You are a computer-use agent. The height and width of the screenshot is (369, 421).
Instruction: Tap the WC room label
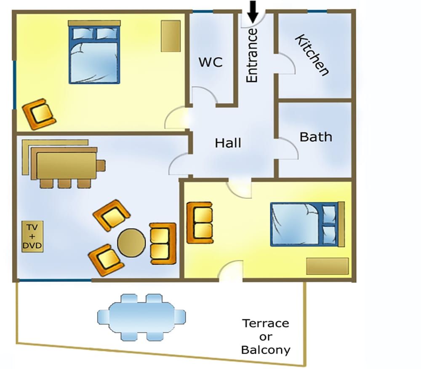(x=210, y=62)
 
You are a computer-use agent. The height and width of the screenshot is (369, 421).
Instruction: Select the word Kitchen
(x=312, y=55)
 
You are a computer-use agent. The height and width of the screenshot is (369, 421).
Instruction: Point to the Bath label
(x=315, y=137)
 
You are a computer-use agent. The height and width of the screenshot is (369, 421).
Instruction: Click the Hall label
(x=228, y=143)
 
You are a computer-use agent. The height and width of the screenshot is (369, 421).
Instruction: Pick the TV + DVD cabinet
(x=32, y=237)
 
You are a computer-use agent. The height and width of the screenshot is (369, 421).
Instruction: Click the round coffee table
(x=131, y=243)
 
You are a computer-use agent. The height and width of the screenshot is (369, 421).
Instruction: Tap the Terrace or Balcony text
(x=266, y=337)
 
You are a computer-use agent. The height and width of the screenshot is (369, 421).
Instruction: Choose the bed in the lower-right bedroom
(x=305, y=224)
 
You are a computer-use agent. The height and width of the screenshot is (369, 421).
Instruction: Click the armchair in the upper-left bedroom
(x=39, y=114)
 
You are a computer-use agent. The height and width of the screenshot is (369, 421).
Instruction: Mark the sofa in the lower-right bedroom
(x=199, y=222)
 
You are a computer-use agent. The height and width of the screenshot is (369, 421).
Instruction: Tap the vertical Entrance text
(x=252, y=55)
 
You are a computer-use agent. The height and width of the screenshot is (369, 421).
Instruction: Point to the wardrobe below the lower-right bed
(x=327, y=266)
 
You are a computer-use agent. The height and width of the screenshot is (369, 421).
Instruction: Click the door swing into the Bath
(x=288, y=148)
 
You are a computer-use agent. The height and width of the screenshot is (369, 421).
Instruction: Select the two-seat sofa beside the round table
(x=163, y=244)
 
